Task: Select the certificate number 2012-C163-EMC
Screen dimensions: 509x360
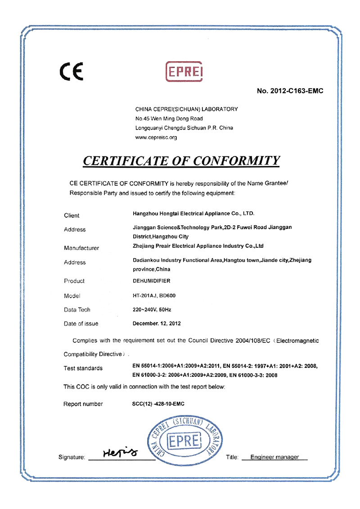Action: click(x=290, y=91)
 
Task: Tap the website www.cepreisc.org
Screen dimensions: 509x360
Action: click(x=156, y=138)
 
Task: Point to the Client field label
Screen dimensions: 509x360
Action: click(x=72, y=215)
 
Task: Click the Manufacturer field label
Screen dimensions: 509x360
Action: click(x=81, y=247)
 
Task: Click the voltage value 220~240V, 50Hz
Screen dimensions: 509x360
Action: click(x=152, y=309)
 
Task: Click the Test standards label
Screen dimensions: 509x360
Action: click(x=83, y=368)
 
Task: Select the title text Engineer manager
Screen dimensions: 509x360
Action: click(x=274, y=457)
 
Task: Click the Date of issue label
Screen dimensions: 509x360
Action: click(x=81, y=323)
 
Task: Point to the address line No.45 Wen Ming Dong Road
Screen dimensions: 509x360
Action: click(x=169, y=119)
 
